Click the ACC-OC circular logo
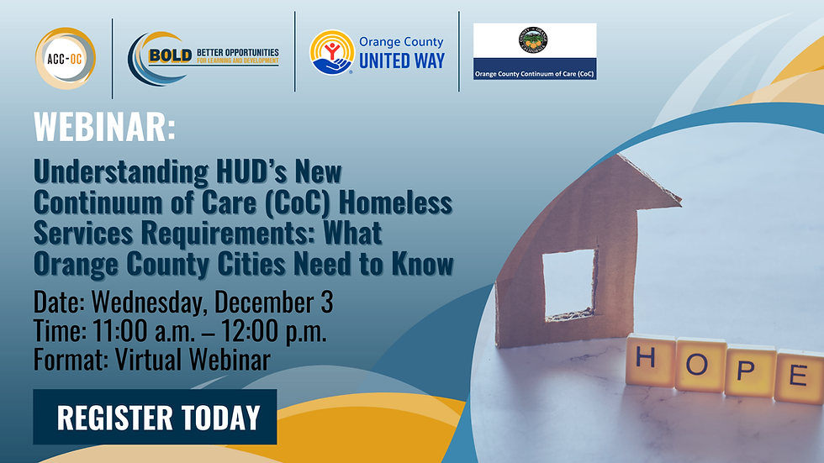65,58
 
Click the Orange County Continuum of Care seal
535,40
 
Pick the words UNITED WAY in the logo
401,61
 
